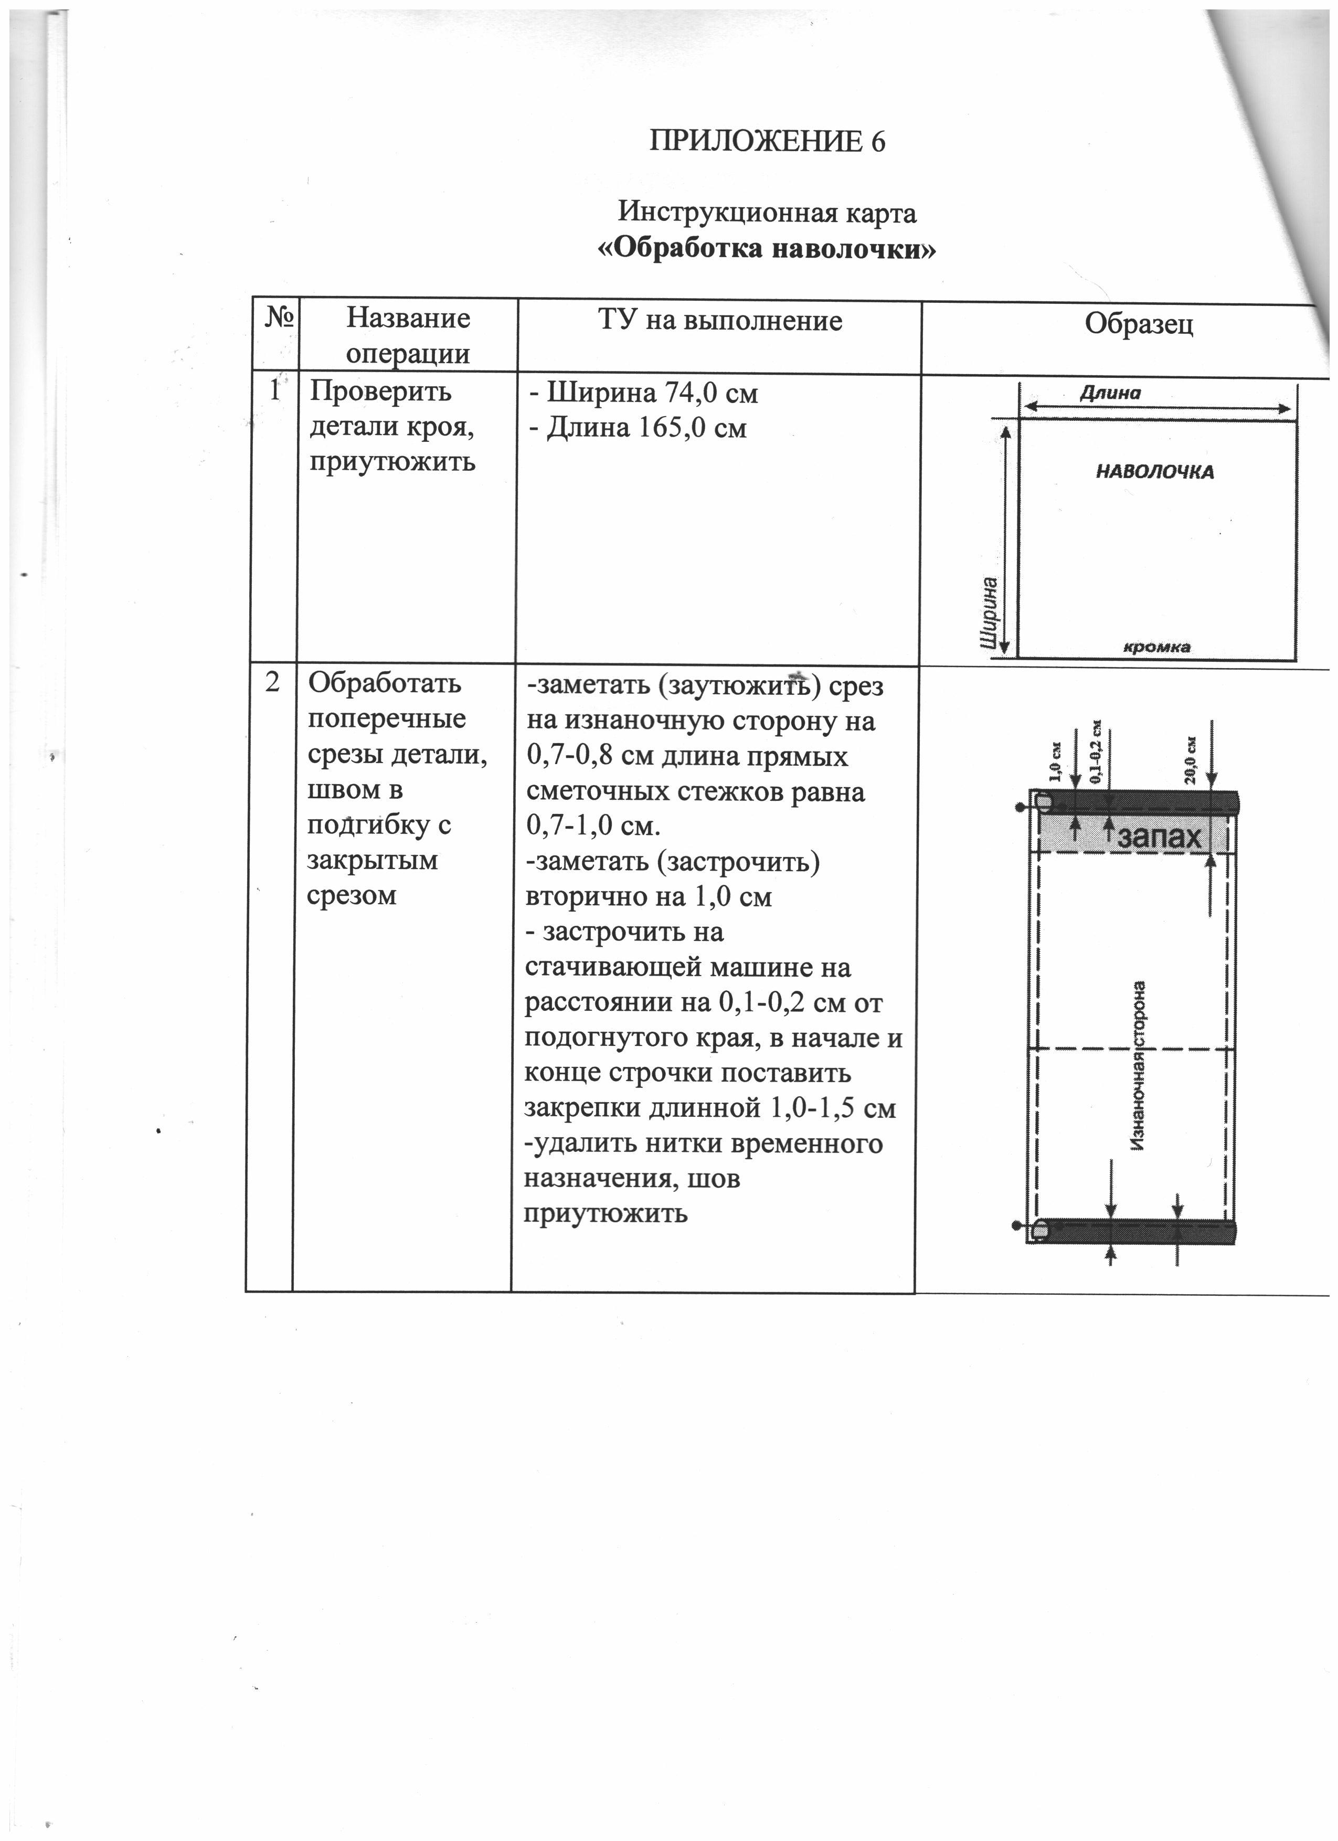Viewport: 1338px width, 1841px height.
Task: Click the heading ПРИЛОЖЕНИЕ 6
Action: tap(767, 142)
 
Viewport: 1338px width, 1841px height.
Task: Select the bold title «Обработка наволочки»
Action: tap(767, 248)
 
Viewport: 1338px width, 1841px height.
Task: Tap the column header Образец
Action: tap(1139, 325)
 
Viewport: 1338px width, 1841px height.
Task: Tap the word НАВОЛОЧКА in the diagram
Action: tap(1155, 472)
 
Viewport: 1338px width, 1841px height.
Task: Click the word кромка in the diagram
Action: tap(1156, 647)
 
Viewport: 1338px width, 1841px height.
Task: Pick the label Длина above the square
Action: tap(1110, 394)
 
